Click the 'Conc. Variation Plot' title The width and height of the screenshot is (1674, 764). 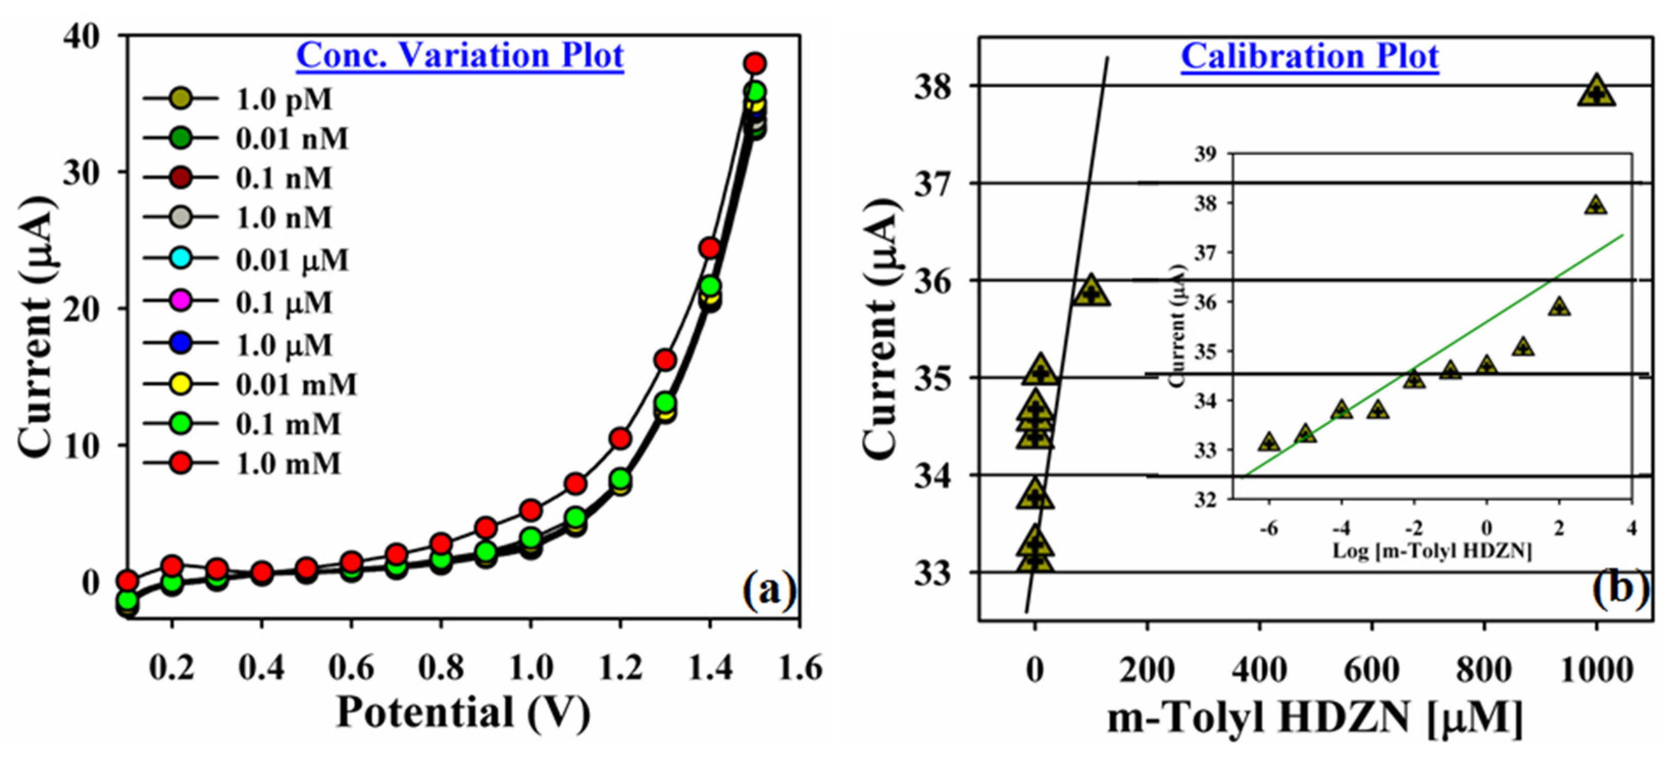(460, 56)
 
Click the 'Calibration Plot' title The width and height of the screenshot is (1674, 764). (1309, 57)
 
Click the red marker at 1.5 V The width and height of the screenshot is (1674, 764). (754, 64)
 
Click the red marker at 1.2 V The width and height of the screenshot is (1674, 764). (621, 439)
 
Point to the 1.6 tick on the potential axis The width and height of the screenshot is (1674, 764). (800, 669)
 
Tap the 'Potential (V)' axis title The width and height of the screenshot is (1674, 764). (463, 712)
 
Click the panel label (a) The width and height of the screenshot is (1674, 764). (769, 590)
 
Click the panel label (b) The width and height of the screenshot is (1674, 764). (1619, 588)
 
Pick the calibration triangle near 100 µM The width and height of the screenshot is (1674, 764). (1091, 292)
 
